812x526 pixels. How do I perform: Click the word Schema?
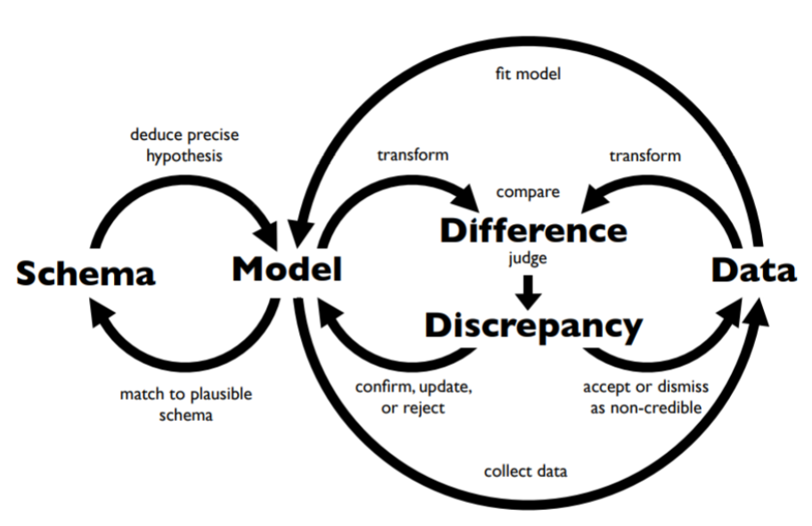[85, 272]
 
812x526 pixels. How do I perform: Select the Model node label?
[287, 269]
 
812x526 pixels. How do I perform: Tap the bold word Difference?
[533, 230]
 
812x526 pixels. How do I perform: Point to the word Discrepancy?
[532, 326]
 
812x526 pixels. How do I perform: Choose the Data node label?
[753, 270]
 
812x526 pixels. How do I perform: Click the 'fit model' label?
[528, 74]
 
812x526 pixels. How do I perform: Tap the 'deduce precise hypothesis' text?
[184, 144]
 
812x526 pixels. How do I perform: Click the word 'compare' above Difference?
[528, 190]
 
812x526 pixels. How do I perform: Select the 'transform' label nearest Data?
[645, 155]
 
